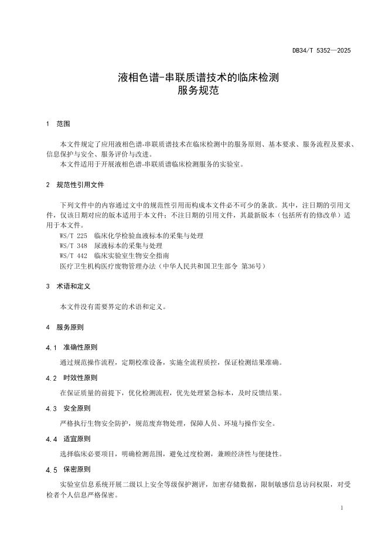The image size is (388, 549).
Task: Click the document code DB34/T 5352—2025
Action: (321, 51)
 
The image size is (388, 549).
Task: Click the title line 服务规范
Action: (193, 91)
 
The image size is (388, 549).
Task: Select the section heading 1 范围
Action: (58, 124)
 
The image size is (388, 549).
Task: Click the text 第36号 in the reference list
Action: (253, 266)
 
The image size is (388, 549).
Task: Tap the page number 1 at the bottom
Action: (342, 507)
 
